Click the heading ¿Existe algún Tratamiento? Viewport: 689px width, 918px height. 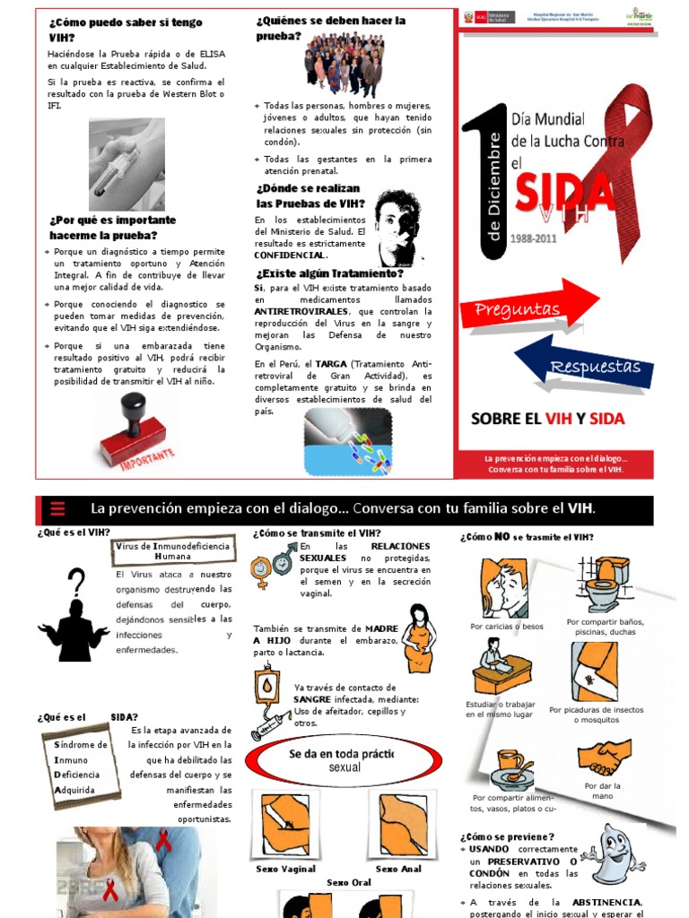coord(328,273)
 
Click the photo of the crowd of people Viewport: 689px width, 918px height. coord(344,64)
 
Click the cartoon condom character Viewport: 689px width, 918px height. coord(610,856)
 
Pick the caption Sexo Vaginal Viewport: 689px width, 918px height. coord(285,869)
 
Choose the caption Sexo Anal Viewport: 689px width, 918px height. coord(398,869)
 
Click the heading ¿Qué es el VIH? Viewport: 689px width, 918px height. coord(73,533)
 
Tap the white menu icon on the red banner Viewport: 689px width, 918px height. coord(57,509)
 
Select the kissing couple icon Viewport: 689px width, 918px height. coord(505,588)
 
